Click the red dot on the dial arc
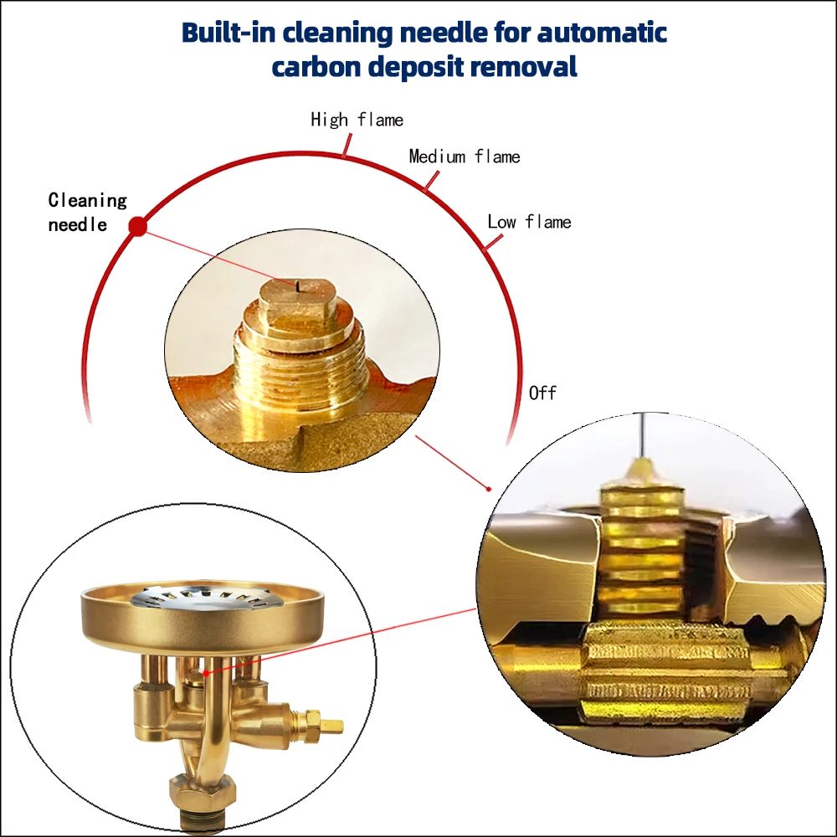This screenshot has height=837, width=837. (x=138, y=226)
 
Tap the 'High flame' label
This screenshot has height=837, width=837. (x=357, y=120)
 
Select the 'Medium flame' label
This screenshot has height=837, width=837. (x=465, y=157)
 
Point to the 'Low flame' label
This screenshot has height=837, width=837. (x=529, y=222)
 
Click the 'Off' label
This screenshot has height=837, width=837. (x=542, y=393)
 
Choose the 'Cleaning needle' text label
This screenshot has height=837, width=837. (x=88, y=212)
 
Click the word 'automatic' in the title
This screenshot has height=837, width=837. (x=602, y=33)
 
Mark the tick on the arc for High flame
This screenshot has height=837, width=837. (x=347, y=145)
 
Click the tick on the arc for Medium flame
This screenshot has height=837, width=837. (x=431, y=181)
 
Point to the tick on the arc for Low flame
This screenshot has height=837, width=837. (x=493, y=243)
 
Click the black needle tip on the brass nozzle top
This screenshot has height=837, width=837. (x=297, y=287)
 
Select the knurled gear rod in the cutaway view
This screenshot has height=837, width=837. (x=667, y=670)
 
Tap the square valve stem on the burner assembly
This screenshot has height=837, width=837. (x=331, y=726)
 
